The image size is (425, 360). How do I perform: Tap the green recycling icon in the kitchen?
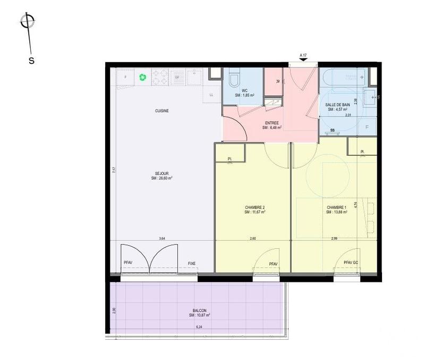143,77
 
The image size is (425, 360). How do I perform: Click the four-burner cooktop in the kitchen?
160,77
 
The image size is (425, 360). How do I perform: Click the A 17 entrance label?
304,55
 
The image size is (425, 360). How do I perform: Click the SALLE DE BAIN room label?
338,105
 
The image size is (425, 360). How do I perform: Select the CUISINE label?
162,111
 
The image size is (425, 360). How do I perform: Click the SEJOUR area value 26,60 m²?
162,179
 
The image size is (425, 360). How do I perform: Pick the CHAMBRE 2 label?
255,207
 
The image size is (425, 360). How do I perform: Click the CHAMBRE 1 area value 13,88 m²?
336,212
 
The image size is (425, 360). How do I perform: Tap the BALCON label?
200,311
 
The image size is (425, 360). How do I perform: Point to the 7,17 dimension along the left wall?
114,171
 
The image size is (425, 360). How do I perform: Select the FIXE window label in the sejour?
192,263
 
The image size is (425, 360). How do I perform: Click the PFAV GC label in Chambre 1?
351,263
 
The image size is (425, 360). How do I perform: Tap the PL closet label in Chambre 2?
230,159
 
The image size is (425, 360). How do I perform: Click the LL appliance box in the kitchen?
211,95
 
